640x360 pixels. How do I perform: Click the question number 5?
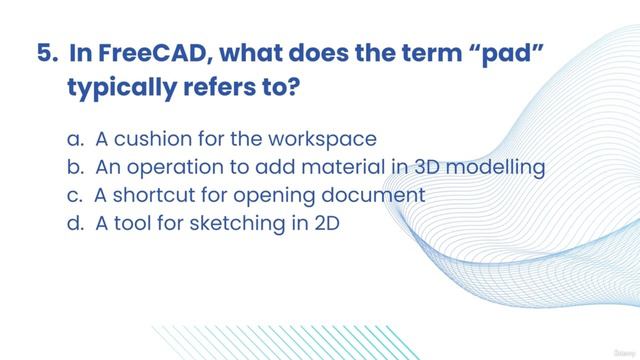coord(45,53)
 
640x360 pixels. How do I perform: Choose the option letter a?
coord(74,138)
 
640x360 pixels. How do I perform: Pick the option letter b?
coord(74,166)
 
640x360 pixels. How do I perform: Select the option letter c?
coord(74,194)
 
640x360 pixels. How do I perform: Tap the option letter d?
coord(74,222)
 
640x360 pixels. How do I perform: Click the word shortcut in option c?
coord(157,194)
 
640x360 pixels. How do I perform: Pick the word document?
coord(370,194)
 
